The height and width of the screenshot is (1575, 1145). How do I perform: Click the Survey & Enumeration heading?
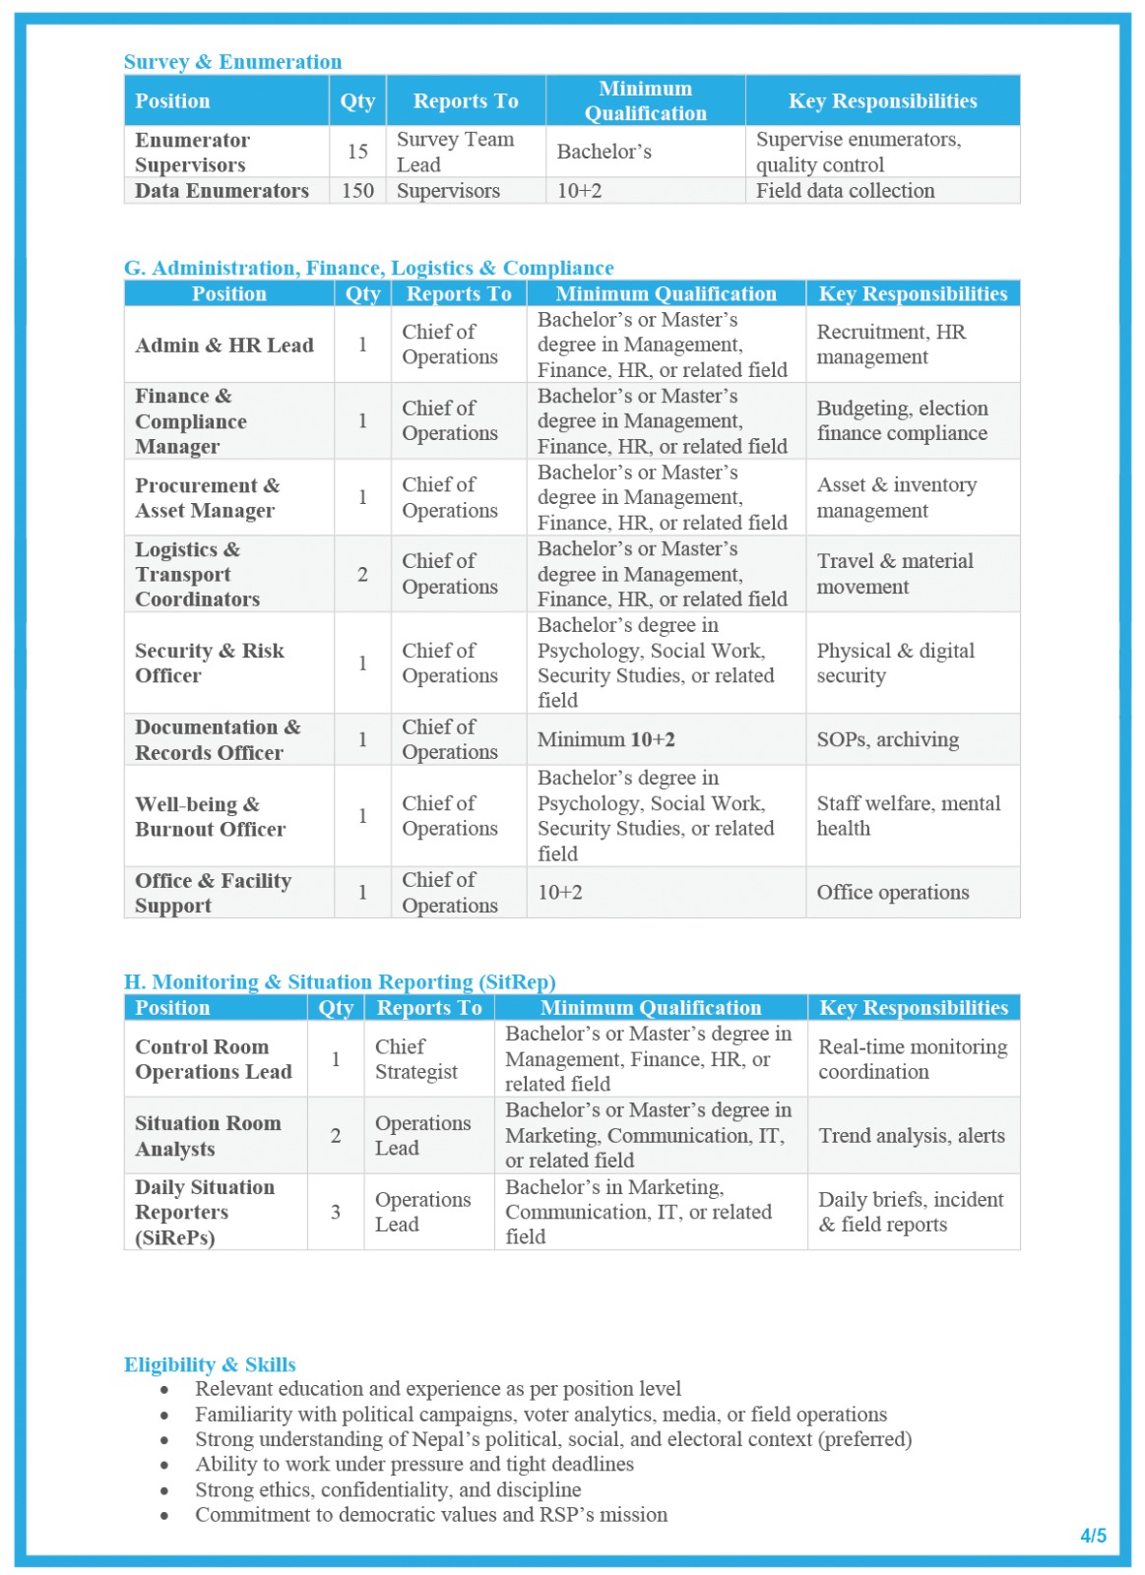coord(232,62)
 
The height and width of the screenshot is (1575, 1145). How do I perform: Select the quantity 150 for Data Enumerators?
coord(357,191)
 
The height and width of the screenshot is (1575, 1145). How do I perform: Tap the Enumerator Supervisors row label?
coord(192,153)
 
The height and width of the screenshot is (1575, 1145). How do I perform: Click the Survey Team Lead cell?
coord(455,153)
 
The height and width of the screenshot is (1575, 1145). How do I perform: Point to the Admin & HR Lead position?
coord(224,346)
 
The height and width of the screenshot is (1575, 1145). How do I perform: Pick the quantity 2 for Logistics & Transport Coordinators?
coord(362,575)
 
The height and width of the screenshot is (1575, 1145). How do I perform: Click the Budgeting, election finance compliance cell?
coord(902,421)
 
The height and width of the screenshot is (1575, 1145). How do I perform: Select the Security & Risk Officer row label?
coord(210,663)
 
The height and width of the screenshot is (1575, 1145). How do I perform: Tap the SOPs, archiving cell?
coord(887,740)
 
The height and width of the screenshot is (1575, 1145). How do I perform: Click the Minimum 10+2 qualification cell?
coord(606,740)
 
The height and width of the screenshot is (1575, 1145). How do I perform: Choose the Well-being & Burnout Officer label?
coord(210,817)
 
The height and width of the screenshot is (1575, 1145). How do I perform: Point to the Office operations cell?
coord(892,893)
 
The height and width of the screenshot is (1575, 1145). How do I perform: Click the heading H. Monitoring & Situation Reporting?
coord(340,982)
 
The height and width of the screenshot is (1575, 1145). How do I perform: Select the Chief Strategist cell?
coord(415,1060)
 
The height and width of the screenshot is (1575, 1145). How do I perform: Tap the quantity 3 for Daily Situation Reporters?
coord(336,1213)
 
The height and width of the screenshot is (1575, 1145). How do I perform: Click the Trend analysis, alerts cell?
coord(912,1136)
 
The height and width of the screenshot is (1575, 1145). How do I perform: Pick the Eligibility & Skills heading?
coord(210,1365)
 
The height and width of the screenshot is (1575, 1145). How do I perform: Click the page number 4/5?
coord(1093,1537)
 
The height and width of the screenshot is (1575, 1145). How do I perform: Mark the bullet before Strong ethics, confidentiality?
coord(164,1491)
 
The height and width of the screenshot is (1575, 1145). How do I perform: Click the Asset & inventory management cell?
coord(896,498)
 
